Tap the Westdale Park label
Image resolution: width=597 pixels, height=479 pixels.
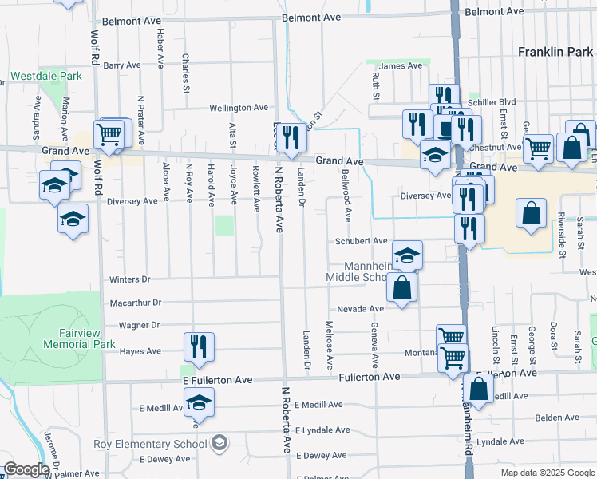coord(46,77)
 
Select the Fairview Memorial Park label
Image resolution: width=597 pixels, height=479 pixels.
coord(58,338)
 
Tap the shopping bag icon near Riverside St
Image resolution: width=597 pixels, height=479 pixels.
coord(531,214)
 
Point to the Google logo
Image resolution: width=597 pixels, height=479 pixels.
coord(27,469)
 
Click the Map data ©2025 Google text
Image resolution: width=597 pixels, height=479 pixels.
coord(547,473)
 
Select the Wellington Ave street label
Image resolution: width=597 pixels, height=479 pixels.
coord(239,108)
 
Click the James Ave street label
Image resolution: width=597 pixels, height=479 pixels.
coord(401,65)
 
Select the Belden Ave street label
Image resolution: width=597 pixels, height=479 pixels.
coord(556,418)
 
